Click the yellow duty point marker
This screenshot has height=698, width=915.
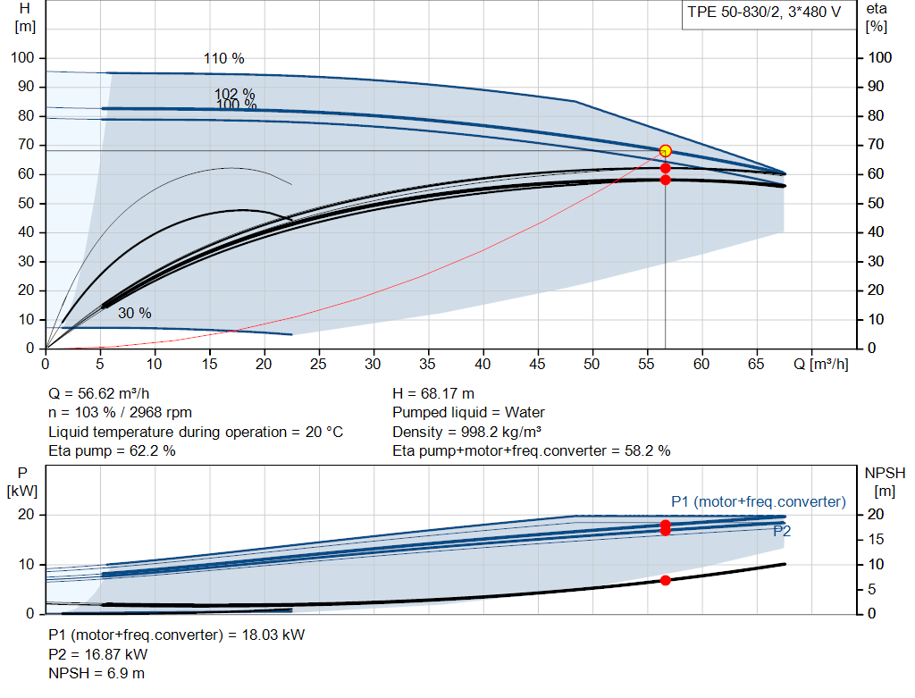(x=665, y=151)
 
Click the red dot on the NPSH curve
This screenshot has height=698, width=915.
(x=665, y=580)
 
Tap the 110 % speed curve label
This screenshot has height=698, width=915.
(x=224, y=59)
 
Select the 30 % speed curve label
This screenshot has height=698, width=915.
(x=135, y=314)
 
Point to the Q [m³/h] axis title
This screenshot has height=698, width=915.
(x=821, y=364)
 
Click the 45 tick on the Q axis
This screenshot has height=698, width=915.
(x=537, y=364)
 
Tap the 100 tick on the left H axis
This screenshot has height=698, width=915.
(x=22, y=58)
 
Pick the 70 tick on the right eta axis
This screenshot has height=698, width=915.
(x=876, y=145)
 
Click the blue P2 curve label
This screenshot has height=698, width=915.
(x=782, y=531)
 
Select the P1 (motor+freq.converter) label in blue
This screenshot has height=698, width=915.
(x=759, y=502)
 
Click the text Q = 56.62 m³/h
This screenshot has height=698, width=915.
(x=99, y=394)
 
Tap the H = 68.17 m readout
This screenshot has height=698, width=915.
(x=433, y=394)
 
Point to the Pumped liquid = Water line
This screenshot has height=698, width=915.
(x=468, y=413)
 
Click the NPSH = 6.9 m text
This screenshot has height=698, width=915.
(x=97, y=674)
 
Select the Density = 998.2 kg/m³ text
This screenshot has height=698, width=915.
(x=467, y=432)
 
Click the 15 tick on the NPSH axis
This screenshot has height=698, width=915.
(x=876, y=539)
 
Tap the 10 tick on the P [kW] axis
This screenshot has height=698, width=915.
(x=27, y=564)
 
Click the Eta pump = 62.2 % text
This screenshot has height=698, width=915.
(x=112, y=451)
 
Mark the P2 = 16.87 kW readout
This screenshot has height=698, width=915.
(x=98, y=654)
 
